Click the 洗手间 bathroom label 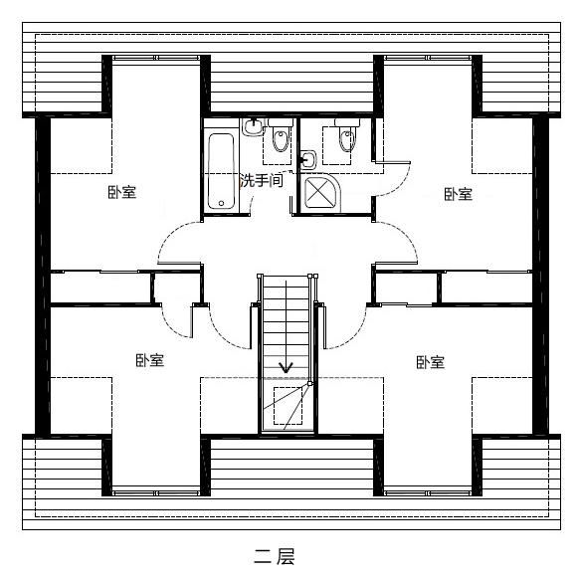(x=262, y=180)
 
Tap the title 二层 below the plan (x=275, y=556)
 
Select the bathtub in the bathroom (x=221, y=171)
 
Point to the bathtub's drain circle (x=221, y=203)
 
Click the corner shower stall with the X (x=321, y=192)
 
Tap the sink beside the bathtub (x=254, y=127)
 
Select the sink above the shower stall (x=308, y=160)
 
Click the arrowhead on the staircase (x=286, y=367)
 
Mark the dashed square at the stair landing (x=288, y=406)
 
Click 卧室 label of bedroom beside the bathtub (x=122, y=192)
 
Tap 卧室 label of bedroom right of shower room (x=459, y=194)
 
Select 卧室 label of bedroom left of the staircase (x=150, y=360)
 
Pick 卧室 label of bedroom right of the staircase (x=431, y=362)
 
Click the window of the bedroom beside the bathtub (x=156, y=58)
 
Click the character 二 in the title (x=263, y=556)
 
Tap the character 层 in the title (x=286, y=556)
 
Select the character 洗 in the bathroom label (x=247, y=180)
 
